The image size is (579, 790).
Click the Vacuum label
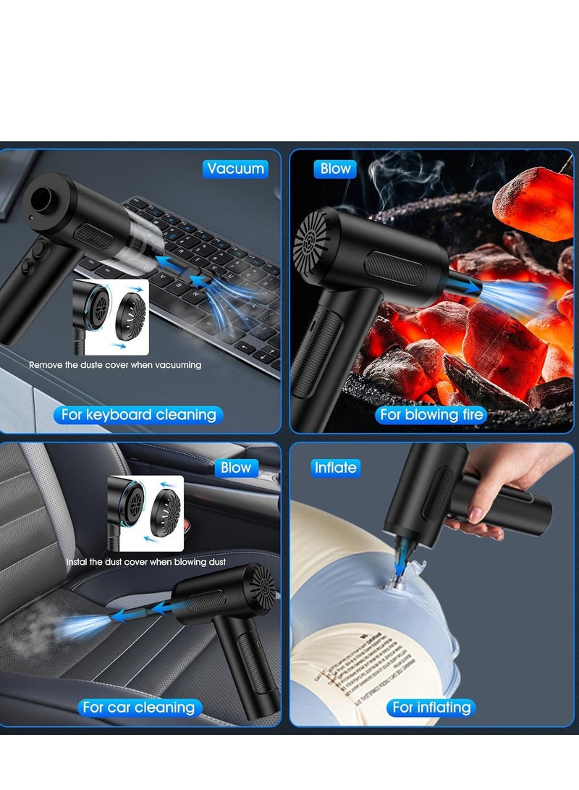(x=235, y=169)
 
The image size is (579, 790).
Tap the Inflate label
(x=335, y=468)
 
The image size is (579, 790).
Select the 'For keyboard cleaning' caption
(x=138, y=415)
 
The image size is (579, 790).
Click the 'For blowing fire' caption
(x=432, y=415)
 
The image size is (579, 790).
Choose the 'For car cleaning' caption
(x=138, y=707)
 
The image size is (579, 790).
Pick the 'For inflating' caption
(x=431, y=707)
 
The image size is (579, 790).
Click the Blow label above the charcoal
(x=335, y=169)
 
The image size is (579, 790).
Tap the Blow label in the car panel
(x=235, y=468)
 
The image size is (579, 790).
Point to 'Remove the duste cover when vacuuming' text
(x=115, y=365)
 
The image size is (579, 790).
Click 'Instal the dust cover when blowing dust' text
(x=146, y=562)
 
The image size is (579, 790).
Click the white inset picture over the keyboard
(x=111, y=317)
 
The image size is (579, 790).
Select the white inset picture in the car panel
(x=145, y=514)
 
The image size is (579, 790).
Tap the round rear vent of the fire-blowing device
(x=312, y=240)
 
